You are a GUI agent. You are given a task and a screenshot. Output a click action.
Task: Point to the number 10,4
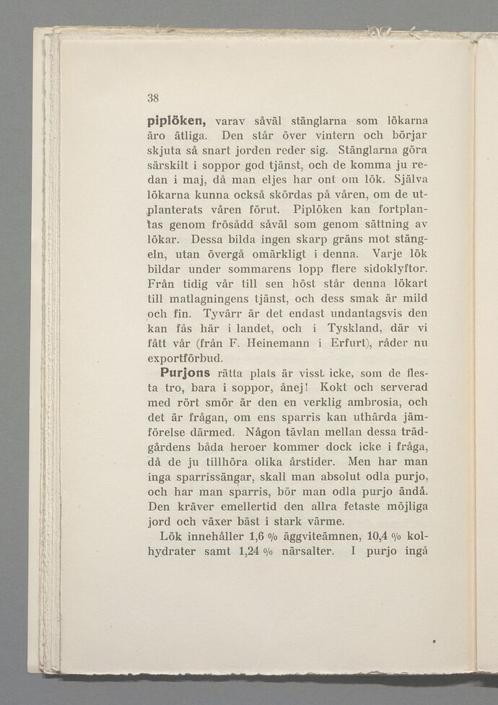click(x=379, y=537)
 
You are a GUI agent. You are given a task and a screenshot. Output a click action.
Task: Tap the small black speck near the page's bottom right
click(x=433, y=641)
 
